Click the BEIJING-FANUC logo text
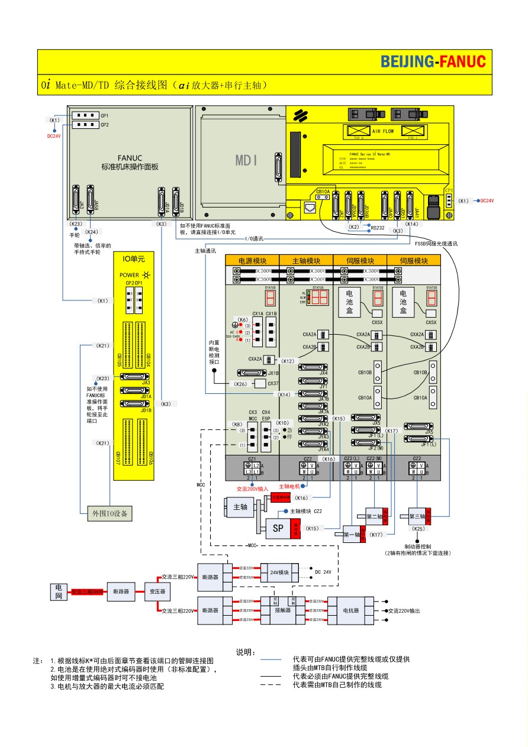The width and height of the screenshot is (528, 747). pos(433,62)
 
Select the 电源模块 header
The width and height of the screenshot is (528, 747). pos(252,261)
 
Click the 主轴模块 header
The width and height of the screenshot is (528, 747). pos(306,261)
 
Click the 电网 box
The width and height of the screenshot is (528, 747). pos(59,591)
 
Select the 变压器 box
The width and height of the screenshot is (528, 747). pos(157,591)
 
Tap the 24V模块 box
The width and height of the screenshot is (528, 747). pos(279,573)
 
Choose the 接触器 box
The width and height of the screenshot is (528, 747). pos(283,610)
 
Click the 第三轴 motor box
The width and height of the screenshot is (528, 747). pos(418,516)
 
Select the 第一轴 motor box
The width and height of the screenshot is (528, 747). pos(352,535)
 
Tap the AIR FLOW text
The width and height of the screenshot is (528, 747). pos(383,131)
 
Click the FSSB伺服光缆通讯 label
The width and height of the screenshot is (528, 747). pos(436,244)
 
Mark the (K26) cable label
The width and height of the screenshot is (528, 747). pos(240,384)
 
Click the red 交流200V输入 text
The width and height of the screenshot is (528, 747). pos(253,489)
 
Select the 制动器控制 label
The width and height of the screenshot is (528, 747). pos(418,546)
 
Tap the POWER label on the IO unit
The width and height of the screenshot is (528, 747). pos(129,275)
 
